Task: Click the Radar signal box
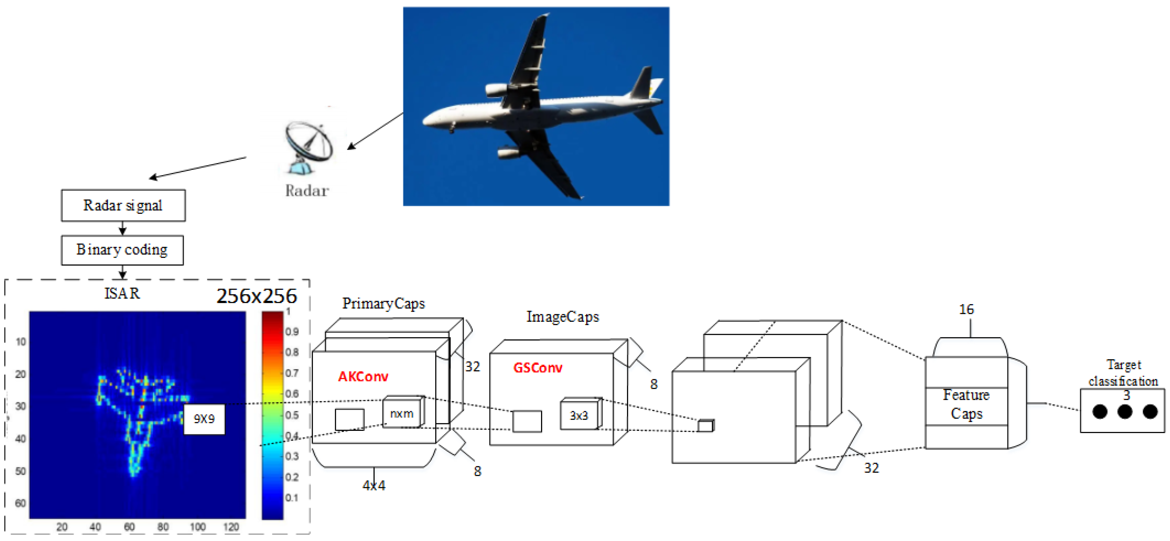(x=123, y=206)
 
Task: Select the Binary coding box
(x=122, y=250)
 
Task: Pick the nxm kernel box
(x=401, y=413)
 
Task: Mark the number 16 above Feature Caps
(x=966, y=310)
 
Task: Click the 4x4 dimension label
(x=374, y=486)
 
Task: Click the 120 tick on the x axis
(x=231, y=527)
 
